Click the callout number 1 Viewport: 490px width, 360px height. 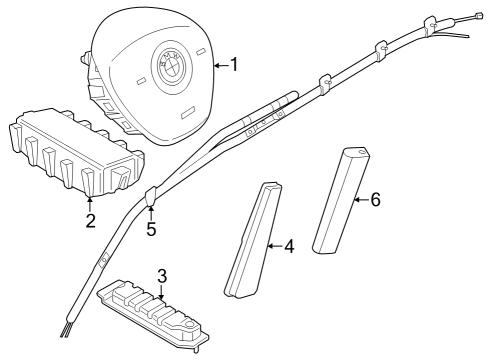pyautogui.click(x=234, y=66)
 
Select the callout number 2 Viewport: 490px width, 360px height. pyautogui.click(x=90, y=220)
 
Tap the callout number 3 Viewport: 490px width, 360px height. pyautogui.click(x=160, y=275)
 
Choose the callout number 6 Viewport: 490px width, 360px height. pyautogui.click(x=375, y=200)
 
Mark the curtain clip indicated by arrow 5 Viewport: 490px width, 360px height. pyautogui.click(x=151, y=197)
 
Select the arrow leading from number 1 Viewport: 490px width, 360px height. pyautogui.click(x=220, y=66)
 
